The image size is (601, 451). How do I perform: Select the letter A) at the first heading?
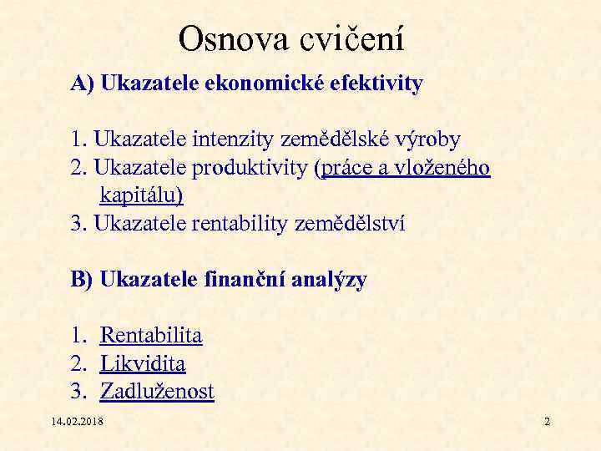pyautogui.click(x=83, y=84)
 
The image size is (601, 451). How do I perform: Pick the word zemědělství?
pyautogui.click(x=351, y=224)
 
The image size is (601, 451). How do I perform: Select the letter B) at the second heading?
pyautogui.click(x=83, y=280)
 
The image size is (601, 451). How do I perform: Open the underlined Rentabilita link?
pyautogui.click(x=151, y=336)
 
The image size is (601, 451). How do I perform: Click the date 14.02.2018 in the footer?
pyautogui.click(x=77, y=422)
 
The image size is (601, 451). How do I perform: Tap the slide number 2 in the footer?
pyautogui.click(x=547, y=422)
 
